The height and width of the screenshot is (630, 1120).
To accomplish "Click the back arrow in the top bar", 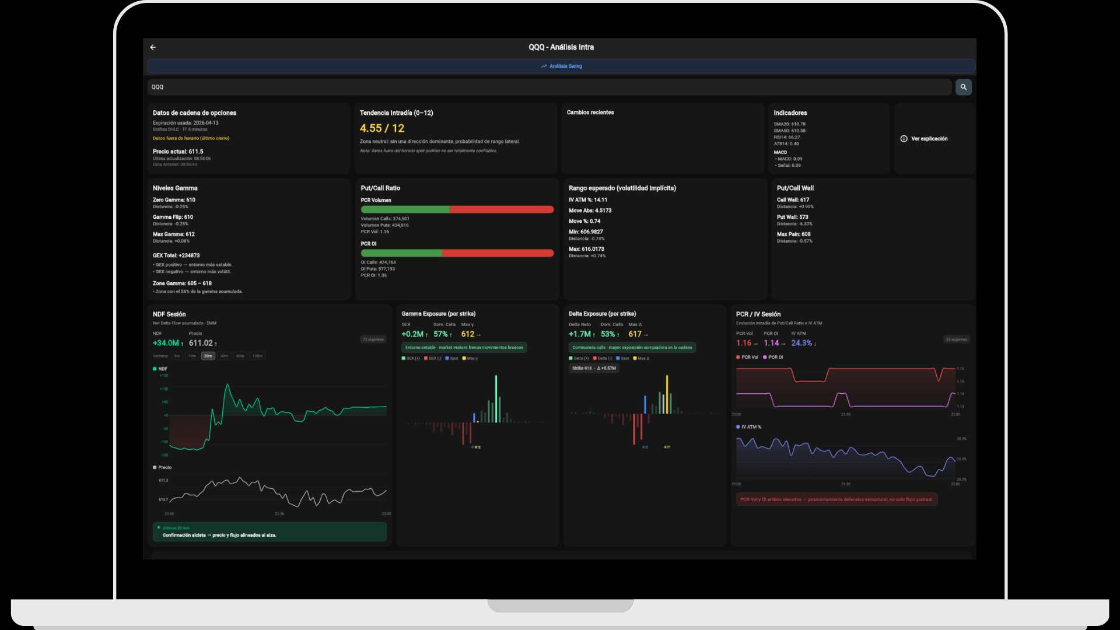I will [153, 47].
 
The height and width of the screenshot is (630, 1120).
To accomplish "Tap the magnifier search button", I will [963, 87].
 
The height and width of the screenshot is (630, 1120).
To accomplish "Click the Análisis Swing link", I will [561, 66].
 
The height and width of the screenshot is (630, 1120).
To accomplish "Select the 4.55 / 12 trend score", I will [382, 128].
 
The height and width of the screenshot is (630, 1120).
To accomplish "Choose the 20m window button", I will [208, 356].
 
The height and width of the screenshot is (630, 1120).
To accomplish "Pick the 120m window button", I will [257, 356].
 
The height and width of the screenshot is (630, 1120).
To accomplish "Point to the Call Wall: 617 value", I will [793, 200].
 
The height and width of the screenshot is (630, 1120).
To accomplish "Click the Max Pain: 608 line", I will [793, 235].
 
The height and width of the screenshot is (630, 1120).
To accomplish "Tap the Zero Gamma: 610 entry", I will [174, 200].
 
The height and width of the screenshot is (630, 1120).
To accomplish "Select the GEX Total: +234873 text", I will [176, 256].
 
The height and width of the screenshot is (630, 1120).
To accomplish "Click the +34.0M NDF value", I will [166, 343].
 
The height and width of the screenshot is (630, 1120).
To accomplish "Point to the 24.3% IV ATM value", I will [801, 343].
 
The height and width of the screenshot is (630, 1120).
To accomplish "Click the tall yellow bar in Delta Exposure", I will [667, 394].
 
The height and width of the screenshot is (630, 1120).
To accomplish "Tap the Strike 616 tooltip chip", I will [594, 368].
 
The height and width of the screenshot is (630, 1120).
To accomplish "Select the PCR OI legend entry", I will [773, 357].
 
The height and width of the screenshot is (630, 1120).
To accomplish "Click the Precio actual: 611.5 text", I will [178, 152].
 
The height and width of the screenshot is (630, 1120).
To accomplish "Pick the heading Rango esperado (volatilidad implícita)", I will [622, 188].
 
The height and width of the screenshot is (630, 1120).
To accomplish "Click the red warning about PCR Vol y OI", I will [836, 499].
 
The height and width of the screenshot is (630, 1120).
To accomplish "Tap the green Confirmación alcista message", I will [219, 535].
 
